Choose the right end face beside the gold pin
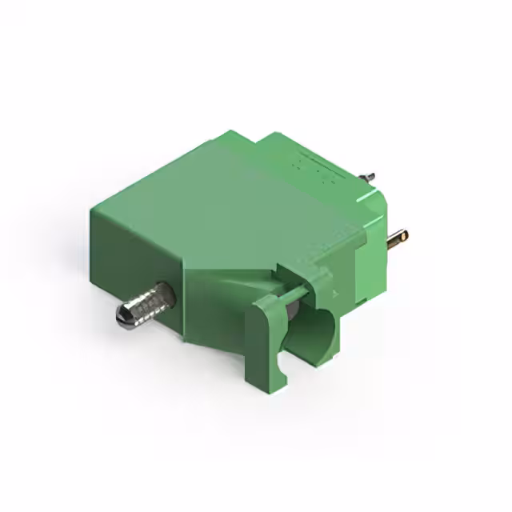coord(373,256)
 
